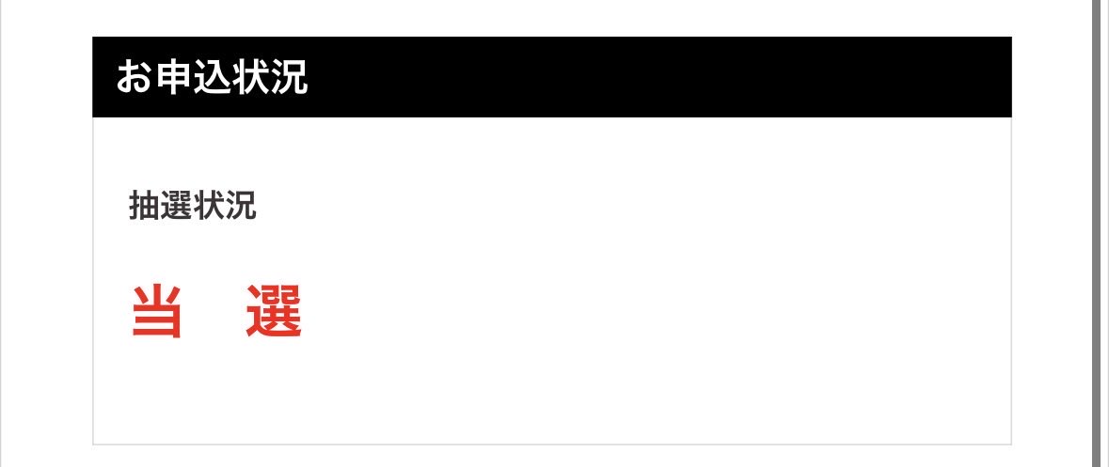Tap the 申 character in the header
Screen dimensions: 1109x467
[x=173, y=77]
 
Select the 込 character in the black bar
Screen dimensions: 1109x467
[x=212, y=77]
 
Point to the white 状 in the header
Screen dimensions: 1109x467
[x=250, y=77]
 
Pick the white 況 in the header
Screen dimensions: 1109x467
[x=289, y=77]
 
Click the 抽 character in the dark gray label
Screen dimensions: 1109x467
[x=144, y=206]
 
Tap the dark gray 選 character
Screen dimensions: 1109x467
[x=176, y=206]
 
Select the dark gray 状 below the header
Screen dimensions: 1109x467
[x=208, y=206]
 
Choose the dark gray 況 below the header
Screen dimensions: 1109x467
[x=240, y=206]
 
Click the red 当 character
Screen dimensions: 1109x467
[x=157, y=311]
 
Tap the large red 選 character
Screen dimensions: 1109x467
[x=275, y=311]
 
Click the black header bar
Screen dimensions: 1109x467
[x=551, y=77]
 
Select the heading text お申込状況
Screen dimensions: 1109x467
[x=212, y=77]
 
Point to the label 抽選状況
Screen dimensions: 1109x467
[x=193, y=206]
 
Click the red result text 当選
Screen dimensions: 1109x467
[x=217, y=311]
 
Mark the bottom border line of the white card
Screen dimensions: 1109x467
[x=551, y=444]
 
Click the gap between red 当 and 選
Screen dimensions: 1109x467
[x=214, y=311]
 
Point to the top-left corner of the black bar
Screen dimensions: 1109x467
[x=93, y=37]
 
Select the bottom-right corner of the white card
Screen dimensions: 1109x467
[x=1011, y=445]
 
